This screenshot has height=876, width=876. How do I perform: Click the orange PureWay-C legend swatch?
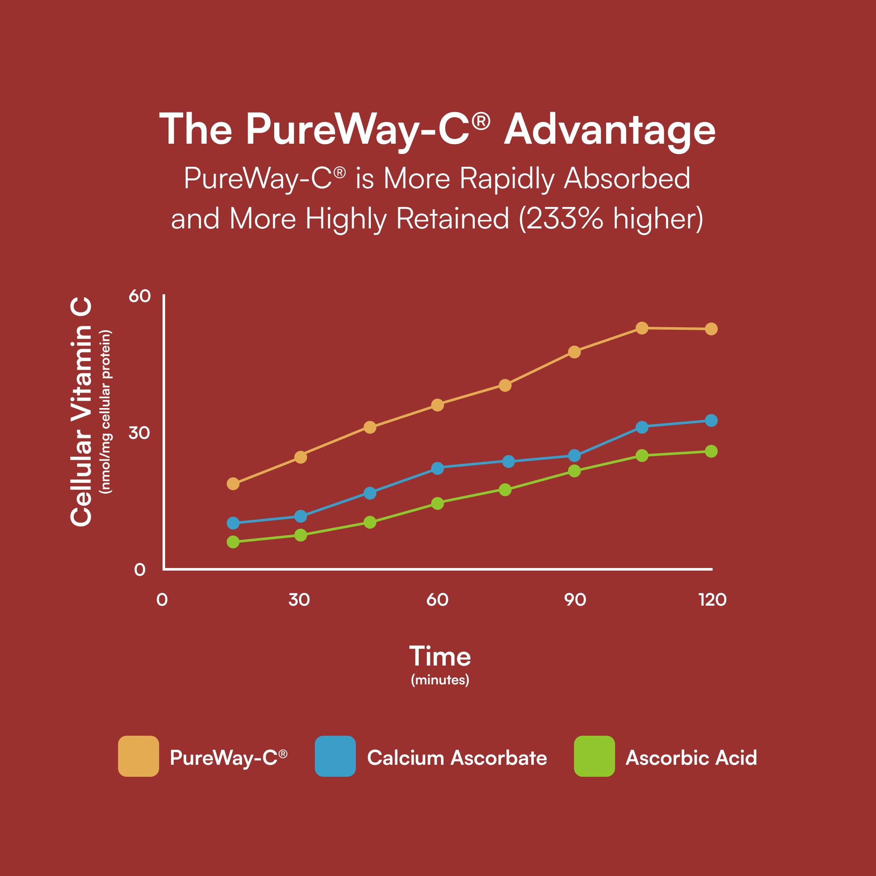[138, 756]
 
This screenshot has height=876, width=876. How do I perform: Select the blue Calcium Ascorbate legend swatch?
[335, 756]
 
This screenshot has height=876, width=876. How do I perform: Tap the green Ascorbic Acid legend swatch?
[594, 756]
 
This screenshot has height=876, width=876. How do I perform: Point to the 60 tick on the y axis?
[139, 296]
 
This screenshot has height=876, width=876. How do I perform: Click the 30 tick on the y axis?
[139, 432]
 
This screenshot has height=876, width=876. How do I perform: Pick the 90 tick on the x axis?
[575, 600]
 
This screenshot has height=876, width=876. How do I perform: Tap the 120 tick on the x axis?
[712, 600]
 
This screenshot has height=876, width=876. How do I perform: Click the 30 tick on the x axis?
[299, 600]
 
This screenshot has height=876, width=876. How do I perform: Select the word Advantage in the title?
[610, 130]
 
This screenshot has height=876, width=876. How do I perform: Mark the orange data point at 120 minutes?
[711, 329]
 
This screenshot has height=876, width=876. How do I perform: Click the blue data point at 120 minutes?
[711, 420]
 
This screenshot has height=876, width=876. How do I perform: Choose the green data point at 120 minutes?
[711, 451]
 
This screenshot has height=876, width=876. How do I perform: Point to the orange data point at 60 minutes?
[437, 405]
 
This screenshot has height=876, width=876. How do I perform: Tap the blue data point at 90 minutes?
[574, 455]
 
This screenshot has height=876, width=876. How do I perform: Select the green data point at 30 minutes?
[301, 535]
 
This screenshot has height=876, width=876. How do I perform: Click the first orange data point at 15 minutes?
[233, 484]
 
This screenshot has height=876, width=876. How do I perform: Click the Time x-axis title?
[440, 657]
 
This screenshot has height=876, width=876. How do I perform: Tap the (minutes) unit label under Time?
[440, 680]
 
